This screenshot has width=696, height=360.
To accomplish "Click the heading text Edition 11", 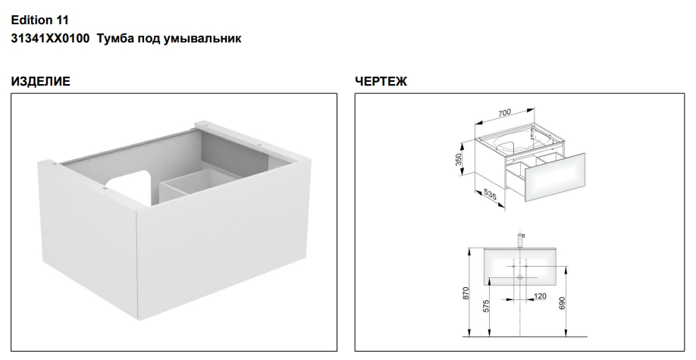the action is pos(40,20).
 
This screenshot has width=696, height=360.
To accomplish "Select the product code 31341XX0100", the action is pos(50,39).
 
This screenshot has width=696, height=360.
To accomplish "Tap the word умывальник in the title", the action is pos(203,39).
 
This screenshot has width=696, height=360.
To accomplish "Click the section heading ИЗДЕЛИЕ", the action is pos(40,82).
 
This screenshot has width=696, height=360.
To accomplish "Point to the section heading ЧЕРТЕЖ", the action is pos(381,82).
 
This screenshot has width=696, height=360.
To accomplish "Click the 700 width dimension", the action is pos(504,113).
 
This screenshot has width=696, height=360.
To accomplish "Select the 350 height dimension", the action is pos(459,159).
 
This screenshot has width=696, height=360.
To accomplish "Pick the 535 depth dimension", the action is pos(490,194).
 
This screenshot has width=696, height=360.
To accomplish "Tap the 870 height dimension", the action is pos(466,293).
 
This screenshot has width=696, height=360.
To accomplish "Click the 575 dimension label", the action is pos(486,306).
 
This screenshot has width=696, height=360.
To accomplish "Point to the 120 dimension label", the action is pos(540,296).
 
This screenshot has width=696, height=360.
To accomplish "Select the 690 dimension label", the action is pos(563,303).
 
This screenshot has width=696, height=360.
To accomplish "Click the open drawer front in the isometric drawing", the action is pos(555,177).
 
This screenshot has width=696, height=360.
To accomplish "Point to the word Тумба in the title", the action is pos(115,39).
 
